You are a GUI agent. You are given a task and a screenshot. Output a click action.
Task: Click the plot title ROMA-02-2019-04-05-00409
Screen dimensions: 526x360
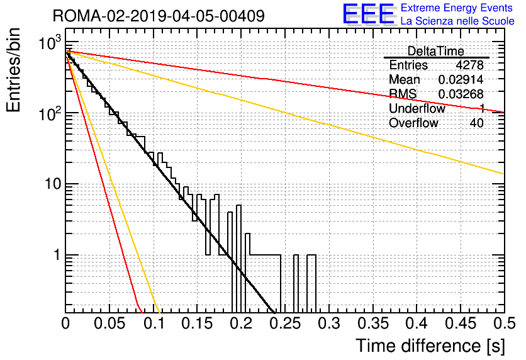pos(159,16)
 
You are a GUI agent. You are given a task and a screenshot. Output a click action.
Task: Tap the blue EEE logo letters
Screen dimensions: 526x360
pos(368,14)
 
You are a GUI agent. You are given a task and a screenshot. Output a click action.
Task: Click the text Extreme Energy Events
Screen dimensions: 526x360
pos(457,8)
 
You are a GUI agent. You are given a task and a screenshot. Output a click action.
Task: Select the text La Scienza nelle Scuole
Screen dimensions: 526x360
pos(457,21)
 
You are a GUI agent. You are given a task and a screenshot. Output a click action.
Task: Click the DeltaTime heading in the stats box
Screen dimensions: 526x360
pos(436,51)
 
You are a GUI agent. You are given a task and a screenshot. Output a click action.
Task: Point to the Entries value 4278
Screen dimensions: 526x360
pos(469,65)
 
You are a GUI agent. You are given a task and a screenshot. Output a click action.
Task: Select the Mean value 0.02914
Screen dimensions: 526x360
pos(461,79)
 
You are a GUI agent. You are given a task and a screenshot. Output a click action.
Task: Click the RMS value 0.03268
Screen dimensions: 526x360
pos(461,94)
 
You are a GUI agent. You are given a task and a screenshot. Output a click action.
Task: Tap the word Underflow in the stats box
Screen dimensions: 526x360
pos(417,108)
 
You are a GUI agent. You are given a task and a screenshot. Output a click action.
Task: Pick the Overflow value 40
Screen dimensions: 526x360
pos(476,123)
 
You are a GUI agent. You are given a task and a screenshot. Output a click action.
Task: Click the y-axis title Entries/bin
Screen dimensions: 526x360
pos(13,70)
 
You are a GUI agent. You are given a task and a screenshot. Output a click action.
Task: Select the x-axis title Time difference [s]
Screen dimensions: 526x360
pos(430,346)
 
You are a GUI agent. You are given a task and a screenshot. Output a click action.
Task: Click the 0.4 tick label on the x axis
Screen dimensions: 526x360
pos(417,323)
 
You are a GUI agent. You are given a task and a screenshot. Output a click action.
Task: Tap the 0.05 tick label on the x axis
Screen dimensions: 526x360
pos(109,323)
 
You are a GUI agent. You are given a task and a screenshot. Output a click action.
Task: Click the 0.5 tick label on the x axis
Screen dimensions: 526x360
pos(505,323)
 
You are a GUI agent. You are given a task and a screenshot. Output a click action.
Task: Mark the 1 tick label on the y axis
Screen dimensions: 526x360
pos(57,255)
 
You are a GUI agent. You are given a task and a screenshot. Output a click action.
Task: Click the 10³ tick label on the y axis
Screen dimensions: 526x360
pos(51,42)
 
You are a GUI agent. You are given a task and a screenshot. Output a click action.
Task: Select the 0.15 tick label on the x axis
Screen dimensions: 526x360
pos(198,323)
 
